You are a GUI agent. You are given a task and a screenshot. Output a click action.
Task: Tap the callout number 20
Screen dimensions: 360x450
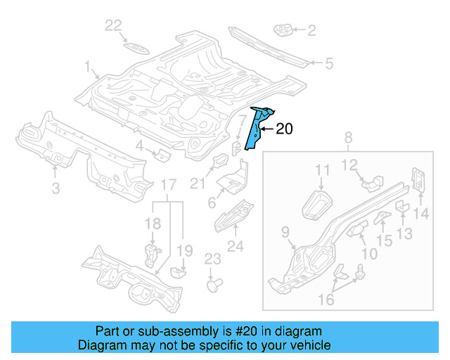click(x=283, y=129)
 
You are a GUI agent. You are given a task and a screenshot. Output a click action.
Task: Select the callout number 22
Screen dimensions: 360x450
click(x=113, y=26)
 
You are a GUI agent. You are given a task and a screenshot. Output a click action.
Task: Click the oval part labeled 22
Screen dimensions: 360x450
click(x=134, y=48)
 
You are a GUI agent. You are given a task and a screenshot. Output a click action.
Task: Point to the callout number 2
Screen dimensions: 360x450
click(x=311, y=30)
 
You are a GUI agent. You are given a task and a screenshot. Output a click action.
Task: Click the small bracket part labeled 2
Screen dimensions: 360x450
click(x=282, y=30)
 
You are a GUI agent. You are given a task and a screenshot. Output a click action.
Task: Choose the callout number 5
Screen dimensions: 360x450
click(x=328, y=63)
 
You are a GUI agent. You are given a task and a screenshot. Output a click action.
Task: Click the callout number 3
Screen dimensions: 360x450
click(x=56, y=187)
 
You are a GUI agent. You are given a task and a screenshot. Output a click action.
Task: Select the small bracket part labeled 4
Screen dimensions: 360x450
click(x=161, y=154)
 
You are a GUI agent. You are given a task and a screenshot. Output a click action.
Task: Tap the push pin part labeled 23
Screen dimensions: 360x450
click(x=212, y=285)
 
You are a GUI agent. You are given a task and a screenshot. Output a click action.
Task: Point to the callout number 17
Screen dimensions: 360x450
click(x=168, y=186)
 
